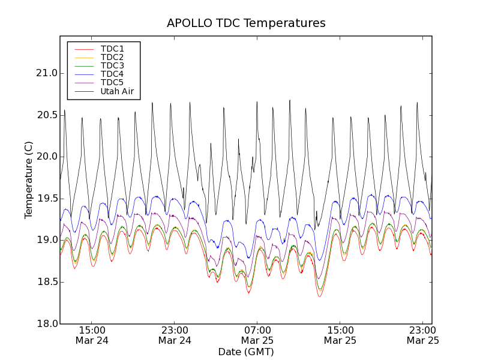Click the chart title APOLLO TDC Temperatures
tap(246, 23)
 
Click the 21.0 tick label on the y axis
tap(46, 73)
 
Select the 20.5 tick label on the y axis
tap(46, 115)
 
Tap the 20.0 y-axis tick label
tap(46, 157)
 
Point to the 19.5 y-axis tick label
tap(46, 199)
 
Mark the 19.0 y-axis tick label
tap(46, 240)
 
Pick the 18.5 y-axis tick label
tap(46, 282)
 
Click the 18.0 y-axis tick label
tap(46, 324)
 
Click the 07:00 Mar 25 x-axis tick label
tap(257, 335)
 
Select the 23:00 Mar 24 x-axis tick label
tap(175, 335)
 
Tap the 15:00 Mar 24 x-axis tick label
tap(92, 335)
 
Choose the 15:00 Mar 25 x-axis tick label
tap(340, 335)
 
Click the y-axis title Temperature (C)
tap(29, 180)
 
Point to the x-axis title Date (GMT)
tap(246, 352)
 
